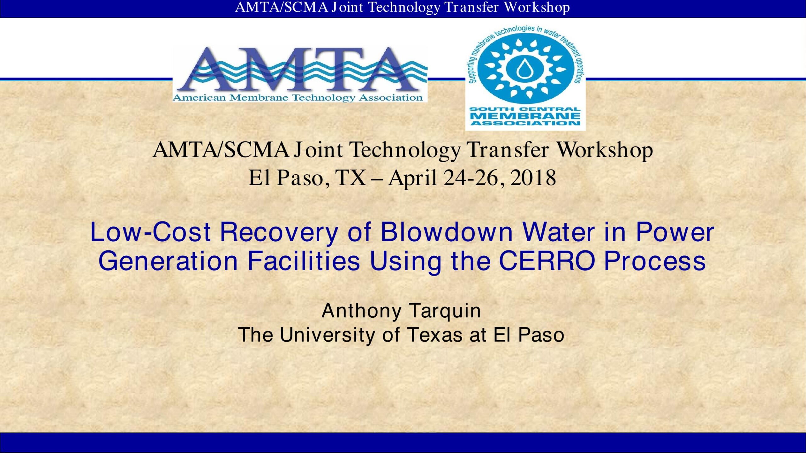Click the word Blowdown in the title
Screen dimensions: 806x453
click(x=447, y=232)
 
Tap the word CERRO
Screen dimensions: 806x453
click(x=547, y=261)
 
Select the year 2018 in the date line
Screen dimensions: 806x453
click(x=533, y=178)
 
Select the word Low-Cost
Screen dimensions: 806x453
click(x=150, y=232)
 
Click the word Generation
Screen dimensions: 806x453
click(x=168, y=261)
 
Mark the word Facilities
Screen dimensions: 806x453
click(x=304, y=261)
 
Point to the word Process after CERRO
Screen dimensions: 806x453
click(x=655, y=261)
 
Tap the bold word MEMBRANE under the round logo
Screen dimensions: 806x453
click(x=525, y=115)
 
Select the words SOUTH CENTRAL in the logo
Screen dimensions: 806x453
click(x=525, y=109)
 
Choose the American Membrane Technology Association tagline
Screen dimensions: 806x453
click(x=298, y=98)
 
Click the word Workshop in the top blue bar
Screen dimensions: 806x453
click(x=537, y=8)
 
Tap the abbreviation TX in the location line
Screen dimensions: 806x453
click(x=350, y=178)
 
